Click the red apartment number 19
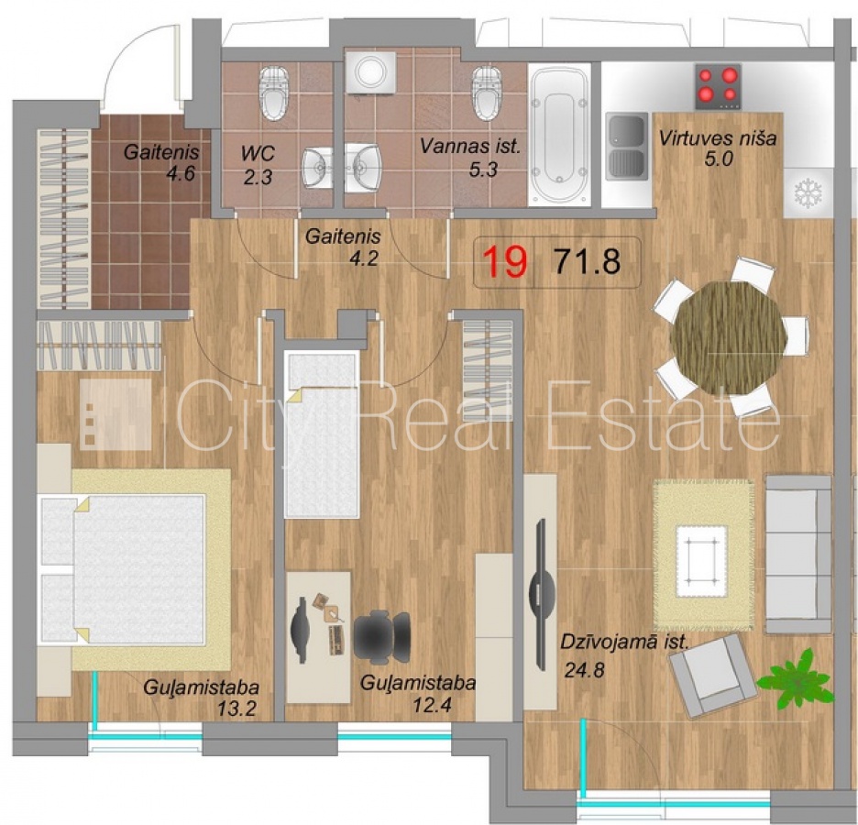click(x=506, y=261)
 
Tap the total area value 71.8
click(x=588, y=261)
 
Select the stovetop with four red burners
click(x=718, y=86)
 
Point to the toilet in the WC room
click(x=273, y=93)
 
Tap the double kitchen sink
click(x=627, y=147)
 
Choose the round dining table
click(x=729, y=337)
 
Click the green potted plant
click(x=797, y=677)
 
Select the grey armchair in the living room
click(x=712, y=675)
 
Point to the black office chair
click(x=382, y=638)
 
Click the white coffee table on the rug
click(x=702, y=561)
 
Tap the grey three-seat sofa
click(x=797, y=554)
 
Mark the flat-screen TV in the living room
click(x=541, y=594)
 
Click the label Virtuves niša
click(x=718, y=137)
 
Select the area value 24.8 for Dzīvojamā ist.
click(x=585, y=669)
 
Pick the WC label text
click(x=258, y=154)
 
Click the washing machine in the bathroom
click(x=371, y=71)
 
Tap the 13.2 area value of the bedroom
click(x=236, y=709)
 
